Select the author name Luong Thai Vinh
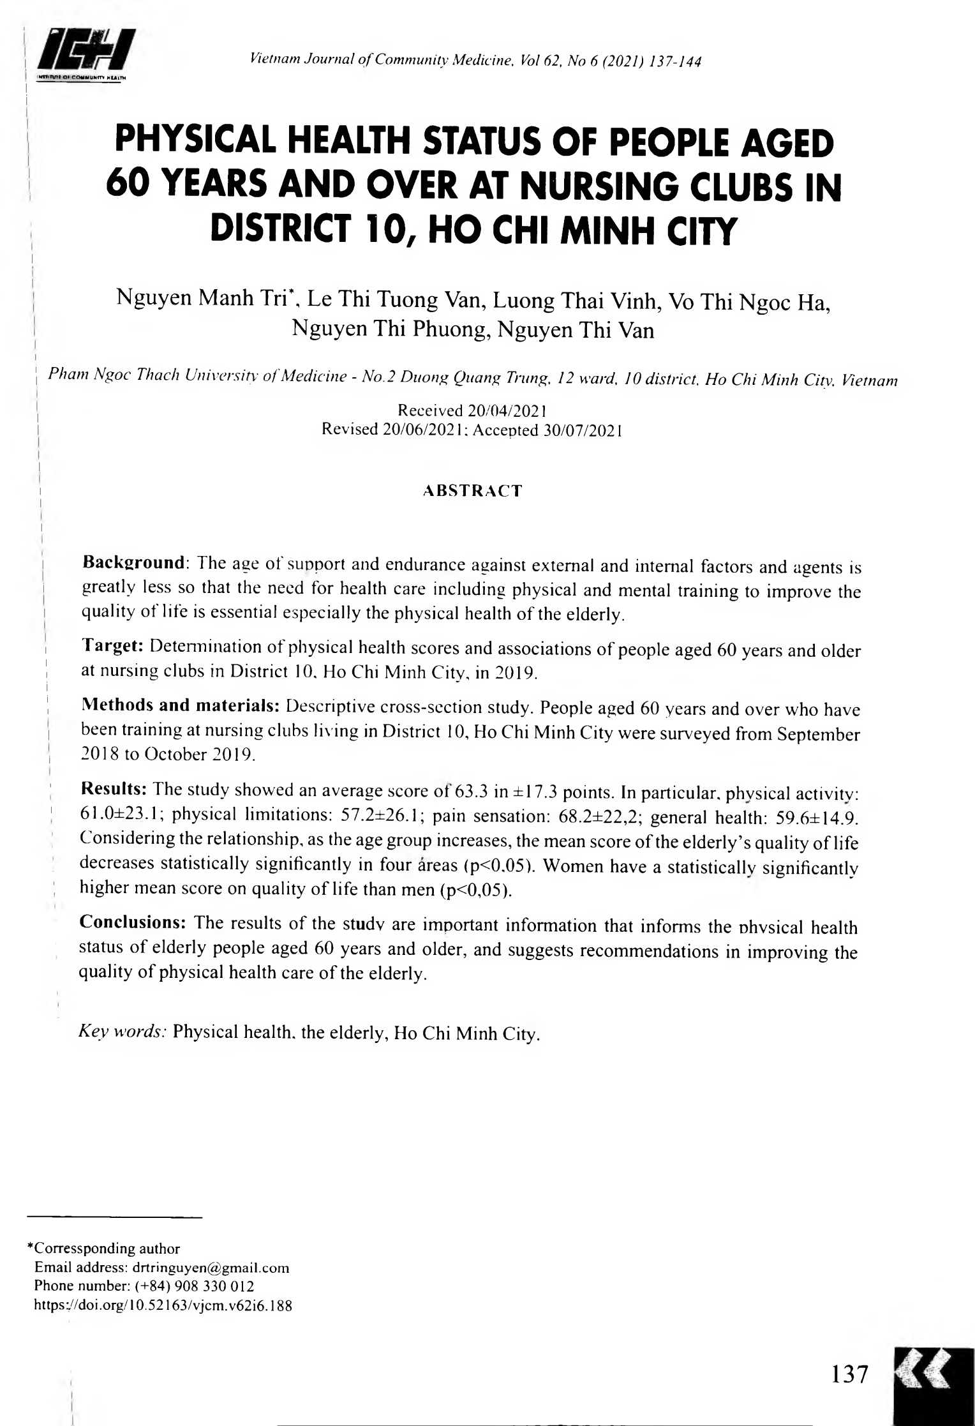(x=574, y=299)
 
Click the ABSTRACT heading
(x=472, y=491)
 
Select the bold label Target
(x=113, y=646)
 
